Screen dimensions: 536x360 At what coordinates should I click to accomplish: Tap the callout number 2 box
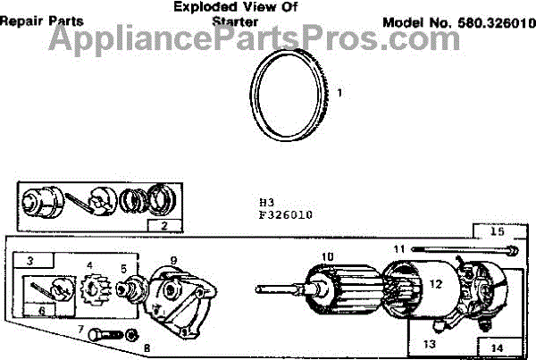point(163,225)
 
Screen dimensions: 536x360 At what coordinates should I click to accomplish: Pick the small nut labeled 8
point(132,336)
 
